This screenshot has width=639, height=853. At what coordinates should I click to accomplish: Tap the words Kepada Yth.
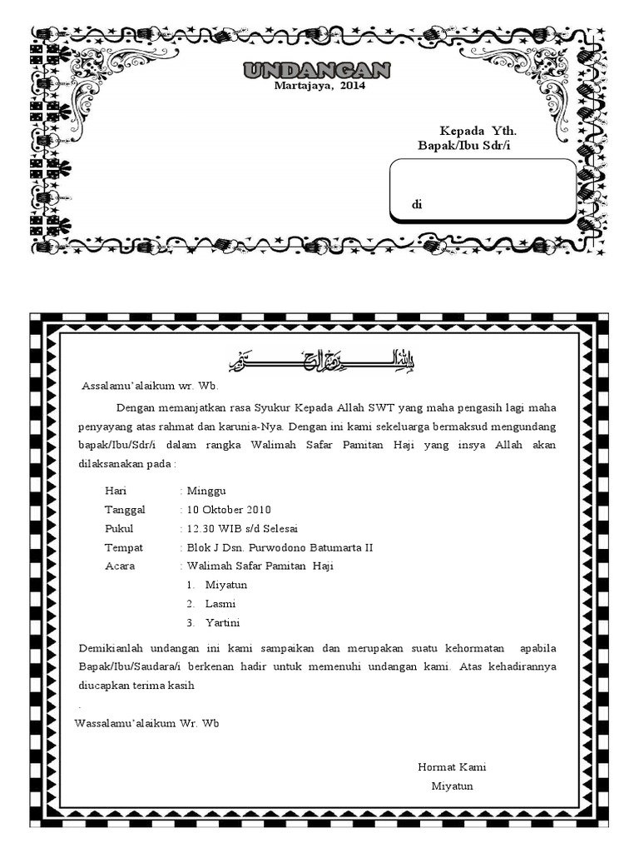483,132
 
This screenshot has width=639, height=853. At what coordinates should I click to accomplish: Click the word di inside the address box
417,205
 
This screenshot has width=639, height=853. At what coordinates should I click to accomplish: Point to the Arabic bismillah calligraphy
321,362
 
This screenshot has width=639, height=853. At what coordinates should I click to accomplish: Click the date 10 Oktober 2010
229,510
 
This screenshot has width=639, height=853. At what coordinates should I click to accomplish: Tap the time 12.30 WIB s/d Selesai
242,529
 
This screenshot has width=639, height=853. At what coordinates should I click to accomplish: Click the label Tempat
124,548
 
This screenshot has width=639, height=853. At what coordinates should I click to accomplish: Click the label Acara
120,566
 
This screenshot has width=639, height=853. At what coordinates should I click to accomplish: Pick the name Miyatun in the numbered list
226,585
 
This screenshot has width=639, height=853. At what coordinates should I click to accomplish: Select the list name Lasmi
220,604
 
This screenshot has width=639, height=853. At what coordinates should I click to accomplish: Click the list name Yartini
223,622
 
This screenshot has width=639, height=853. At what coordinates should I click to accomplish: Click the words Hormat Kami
452,767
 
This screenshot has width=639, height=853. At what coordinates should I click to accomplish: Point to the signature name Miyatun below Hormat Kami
452,786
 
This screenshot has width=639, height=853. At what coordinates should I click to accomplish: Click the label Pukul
119,529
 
